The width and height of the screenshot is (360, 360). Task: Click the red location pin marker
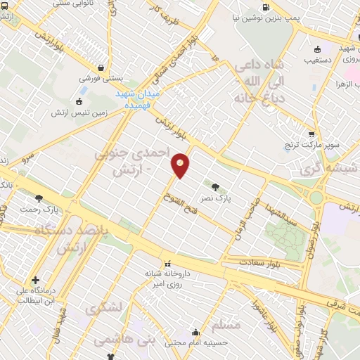point(181,165)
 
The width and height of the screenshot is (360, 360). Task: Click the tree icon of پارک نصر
point(214,187)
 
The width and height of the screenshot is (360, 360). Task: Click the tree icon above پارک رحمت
point(39,198)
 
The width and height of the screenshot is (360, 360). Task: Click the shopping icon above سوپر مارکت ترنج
point(311,134)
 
